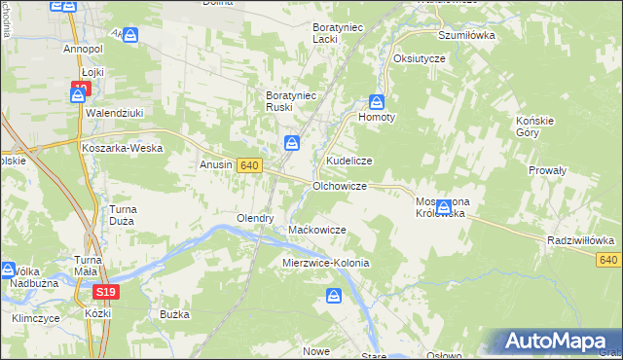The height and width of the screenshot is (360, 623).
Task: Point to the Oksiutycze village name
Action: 419,58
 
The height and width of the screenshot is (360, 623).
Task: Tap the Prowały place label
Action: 547,169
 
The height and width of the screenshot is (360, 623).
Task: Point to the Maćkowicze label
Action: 317,230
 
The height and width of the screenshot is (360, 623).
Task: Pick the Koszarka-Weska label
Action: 122,148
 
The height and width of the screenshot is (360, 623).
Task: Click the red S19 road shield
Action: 106,291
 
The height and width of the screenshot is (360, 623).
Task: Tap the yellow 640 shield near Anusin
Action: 248,165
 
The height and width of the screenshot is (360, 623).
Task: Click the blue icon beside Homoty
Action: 377,101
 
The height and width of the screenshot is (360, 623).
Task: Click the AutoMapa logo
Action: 560,341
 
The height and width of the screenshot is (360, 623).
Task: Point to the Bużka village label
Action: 173,314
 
